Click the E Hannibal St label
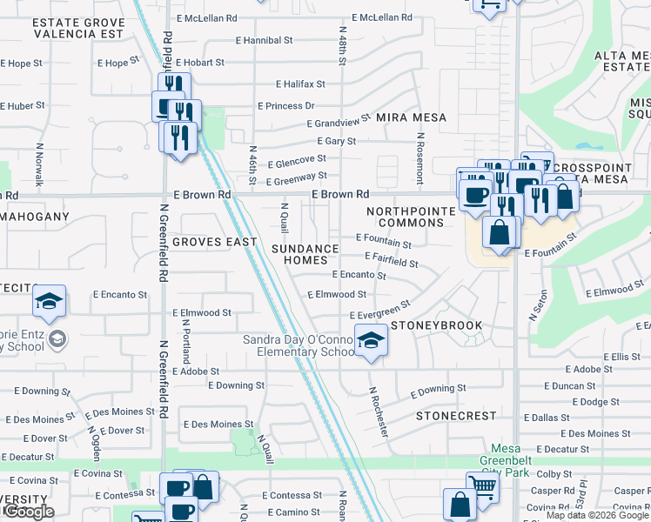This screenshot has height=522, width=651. [265, 40]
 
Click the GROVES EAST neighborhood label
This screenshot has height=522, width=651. [214, 242]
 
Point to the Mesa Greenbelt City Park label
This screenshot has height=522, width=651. [517, 467]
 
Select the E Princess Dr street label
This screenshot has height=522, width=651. [285, 106]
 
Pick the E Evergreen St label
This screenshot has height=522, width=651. [379, 311]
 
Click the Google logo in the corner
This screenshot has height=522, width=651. [28, 512]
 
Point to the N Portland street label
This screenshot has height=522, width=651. [186, 340]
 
